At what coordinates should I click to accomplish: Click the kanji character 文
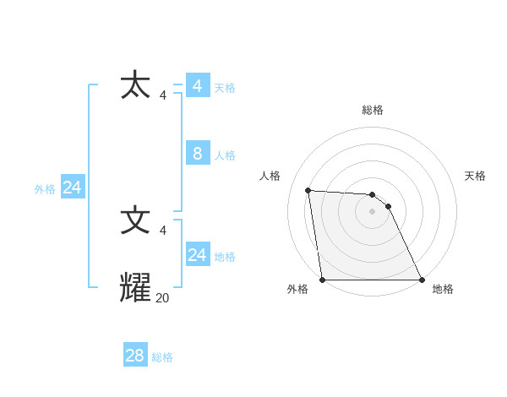pyautogui.click(x=136, y=220)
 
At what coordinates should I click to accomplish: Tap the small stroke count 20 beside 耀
pyautogui.click(x=162, y=297)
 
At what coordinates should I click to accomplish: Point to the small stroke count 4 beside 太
pyautogui.click(x=162, y=95)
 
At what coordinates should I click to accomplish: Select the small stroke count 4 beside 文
pyautogui.click(x=162, y=230)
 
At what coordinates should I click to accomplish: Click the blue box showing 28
pyautogui.click(x=135, y=356)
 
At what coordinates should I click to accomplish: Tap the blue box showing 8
pyautogui.click(x=197, y=153)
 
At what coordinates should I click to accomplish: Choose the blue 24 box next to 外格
pyautogui.click(x=73, y=188)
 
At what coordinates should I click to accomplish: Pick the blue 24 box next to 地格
pyautogui.click(x=197, y=254)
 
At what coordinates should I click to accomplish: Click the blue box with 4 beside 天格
pyautogui.click(x=197, y=86)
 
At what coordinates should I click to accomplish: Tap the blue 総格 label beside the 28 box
pyautogui.click(x=162, y=357)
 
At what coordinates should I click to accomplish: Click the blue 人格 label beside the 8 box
pyautogui.click(x=225, y=155)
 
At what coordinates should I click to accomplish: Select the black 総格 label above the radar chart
pyautogui.click(x=373, y=110)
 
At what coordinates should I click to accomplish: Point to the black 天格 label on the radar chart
pyautogui.click(x=475, y=176)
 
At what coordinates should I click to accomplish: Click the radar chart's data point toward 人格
pyautogui.click(x=308, y=190)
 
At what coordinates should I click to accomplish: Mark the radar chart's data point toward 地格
pyautogui.click(x=422, y=280)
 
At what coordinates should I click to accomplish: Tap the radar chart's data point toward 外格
pyautogui.click(x=323, y=280)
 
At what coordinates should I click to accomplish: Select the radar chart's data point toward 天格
pyautogui.click(x=388, y=206)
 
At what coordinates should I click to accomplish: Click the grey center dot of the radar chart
pyautogui.click(x=373, y=211)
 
